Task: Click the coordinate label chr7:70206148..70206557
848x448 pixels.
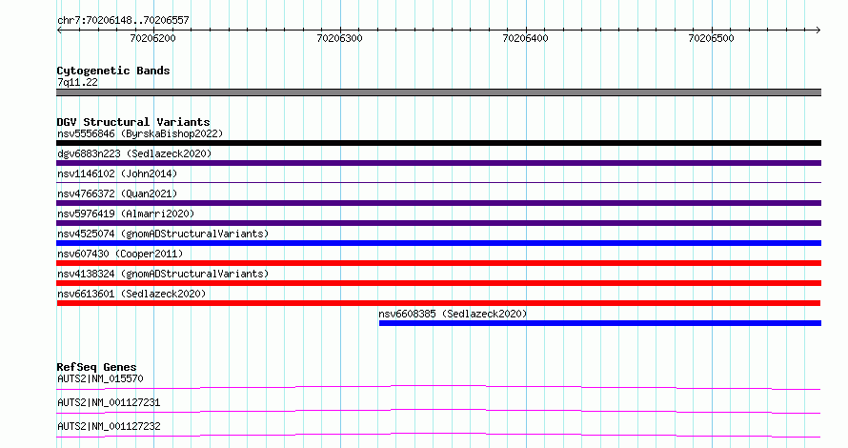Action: (123, 20)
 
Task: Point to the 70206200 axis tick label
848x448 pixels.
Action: (153, 38)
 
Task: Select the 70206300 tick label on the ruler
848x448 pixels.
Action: (339, 38)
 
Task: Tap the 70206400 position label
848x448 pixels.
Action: (525, 38)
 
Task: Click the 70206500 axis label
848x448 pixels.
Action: (711, 38)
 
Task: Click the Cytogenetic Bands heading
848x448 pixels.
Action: (113, 71)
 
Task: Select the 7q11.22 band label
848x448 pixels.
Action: (77, 82)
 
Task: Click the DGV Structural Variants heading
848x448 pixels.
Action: (133, 122)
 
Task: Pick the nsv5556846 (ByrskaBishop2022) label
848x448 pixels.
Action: (140, 133)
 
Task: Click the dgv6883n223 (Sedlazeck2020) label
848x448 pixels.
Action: (134, 153)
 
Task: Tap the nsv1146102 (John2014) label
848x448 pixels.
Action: (117, 173)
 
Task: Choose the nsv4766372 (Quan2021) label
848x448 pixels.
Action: (117, 193)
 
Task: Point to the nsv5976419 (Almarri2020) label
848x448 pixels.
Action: (126, 214)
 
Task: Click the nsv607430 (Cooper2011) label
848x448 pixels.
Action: (120, 254)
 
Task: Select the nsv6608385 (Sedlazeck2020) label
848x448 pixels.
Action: (453, 314)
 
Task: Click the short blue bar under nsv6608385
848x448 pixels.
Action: (600, 323)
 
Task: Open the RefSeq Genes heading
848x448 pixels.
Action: (96, 367)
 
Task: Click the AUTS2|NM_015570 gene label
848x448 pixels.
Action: (101, 378)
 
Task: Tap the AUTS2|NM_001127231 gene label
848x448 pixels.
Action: (109, 402)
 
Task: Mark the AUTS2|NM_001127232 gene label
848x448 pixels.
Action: (109, 426)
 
